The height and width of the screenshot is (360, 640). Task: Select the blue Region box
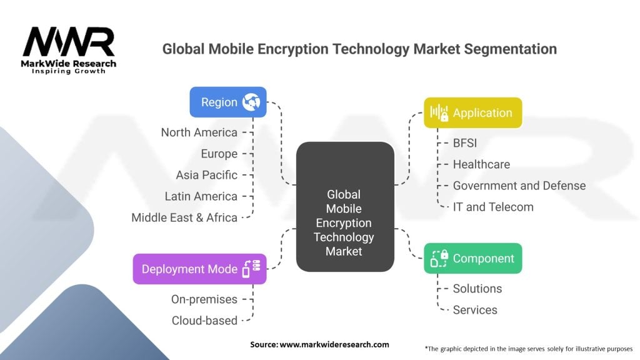coord(228,102)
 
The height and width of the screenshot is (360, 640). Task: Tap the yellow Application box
coord(472,112)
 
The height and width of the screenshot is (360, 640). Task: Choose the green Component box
coord(472,258)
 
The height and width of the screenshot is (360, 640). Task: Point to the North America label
coord(199,132)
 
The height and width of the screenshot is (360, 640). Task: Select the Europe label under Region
coord(219,153)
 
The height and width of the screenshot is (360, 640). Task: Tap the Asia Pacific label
coord(206,174)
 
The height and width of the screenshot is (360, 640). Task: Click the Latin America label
coord(201,196)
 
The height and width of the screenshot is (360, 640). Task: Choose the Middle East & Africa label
coord(184,217)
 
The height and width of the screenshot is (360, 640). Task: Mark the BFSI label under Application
coord(464,142)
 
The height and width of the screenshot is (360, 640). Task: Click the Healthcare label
coord(481,164)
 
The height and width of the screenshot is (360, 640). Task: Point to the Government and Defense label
coord(519,185)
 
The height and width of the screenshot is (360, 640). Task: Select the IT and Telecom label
coord(493,206)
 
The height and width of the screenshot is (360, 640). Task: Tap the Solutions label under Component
coord(477,288)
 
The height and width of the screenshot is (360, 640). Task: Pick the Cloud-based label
coord(204,320)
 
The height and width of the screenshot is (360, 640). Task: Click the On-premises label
coord(204,299)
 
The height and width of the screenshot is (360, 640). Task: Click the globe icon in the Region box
coord(251,102)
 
